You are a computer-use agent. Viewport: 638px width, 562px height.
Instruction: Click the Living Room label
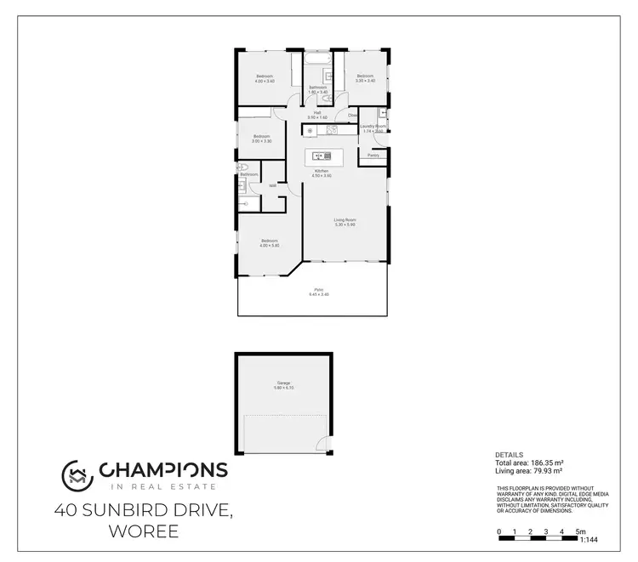click(344, 220)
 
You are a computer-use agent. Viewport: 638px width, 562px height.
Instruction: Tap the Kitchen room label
click(322, 171)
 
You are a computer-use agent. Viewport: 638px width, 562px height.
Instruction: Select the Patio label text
click(321, 290)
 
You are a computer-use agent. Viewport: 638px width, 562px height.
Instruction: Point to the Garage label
click(282, 383)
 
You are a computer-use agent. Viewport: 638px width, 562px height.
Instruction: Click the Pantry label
click(373, 156)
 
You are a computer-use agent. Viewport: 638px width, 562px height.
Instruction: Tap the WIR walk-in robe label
click(272, 185)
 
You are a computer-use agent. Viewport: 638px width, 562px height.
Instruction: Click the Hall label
click(317, 113)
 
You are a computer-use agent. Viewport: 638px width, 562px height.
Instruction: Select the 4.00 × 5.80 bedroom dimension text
click(270, 245)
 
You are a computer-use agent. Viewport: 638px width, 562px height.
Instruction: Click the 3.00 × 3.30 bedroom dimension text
click(261, 141)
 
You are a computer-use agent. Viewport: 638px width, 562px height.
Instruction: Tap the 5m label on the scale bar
click(581, 531)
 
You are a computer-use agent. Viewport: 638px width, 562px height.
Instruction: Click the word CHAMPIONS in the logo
click(162, 469)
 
